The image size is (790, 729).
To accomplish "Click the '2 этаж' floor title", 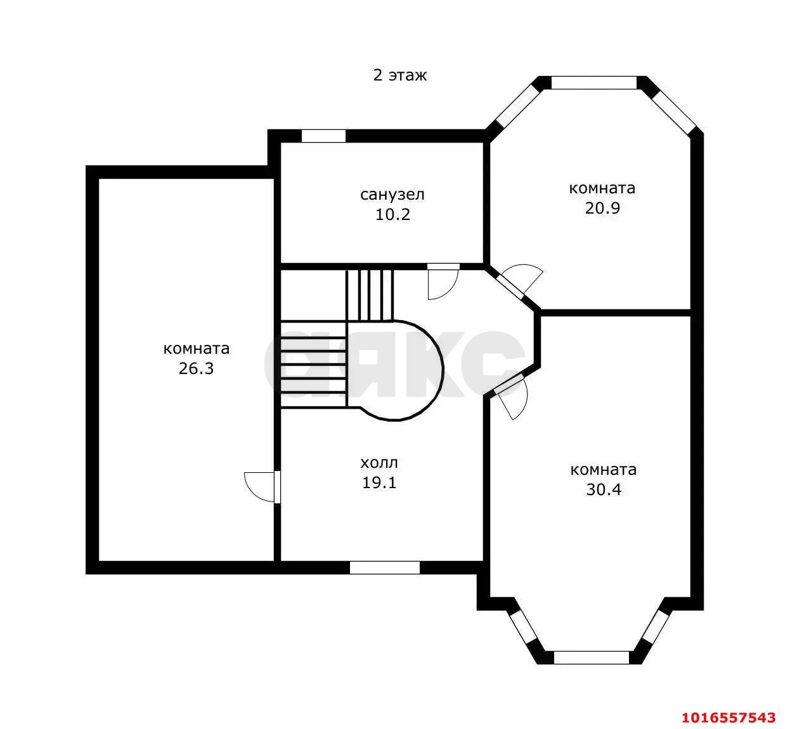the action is [399, 75].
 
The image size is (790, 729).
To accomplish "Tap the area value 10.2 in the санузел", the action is [392, 215].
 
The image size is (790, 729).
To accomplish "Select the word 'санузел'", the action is [392, 195].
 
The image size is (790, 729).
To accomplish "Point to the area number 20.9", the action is [602, 208].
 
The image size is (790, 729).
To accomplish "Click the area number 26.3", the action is [196, 369].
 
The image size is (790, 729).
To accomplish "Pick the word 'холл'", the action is [379, 463].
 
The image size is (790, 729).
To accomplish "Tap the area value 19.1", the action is [379, 483].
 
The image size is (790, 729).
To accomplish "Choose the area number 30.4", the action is [604, 489].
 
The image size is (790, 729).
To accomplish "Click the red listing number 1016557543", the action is [728, 718].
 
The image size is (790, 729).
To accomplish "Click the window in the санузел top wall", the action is [323, 136].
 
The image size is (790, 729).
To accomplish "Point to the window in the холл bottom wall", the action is [385, 567].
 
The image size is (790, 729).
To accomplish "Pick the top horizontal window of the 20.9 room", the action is [594, 82].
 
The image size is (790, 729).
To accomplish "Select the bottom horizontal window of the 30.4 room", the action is [592, 658].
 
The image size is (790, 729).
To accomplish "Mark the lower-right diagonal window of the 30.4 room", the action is [655, 627].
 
